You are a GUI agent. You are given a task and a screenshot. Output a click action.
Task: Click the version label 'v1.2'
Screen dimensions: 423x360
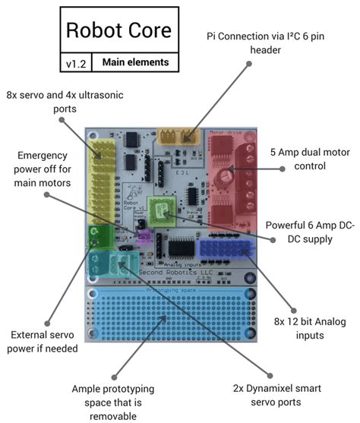(74, 62)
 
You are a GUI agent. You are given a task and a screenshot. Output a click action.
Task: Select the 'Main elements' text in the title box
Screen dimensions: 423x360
(134, 62)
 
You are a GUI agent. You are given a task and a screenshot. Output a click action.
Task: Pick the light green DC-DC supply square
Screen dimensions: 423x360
(162, 208)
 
